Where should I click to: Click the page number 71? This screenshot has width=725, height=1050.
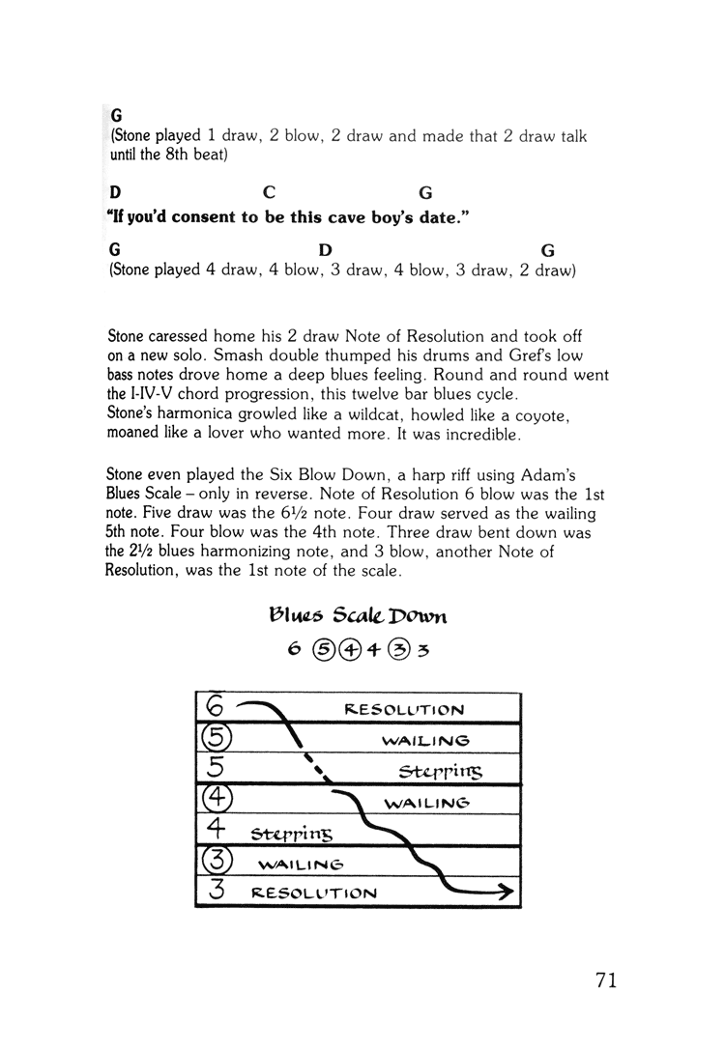pos(606,979)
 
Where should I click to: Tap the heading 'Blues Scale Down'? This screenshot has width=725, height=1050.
pos(357,614)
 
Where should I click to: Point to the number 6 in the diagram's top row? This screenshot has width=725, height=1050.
pos(214,709)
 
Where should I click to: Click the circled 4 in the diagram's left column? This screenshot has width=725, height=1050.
pos(214,802)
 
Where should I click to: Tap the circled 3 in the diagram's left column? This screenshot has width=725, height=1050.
pos(214,862)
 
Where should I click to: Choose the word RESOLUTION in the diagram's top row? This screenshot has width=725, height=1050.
pos(404,710)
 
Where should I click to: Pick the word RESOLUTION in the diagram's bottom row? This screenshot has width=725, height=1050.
pos(312,894)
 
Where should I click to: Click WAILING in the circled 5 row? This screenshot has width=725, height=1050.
pos(425,741)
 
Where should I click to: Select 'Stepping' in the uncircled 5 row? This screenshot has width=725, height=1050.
pos(440,772)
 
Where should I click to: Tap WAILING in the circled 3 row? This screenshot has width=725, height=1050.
pos(301,864)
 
